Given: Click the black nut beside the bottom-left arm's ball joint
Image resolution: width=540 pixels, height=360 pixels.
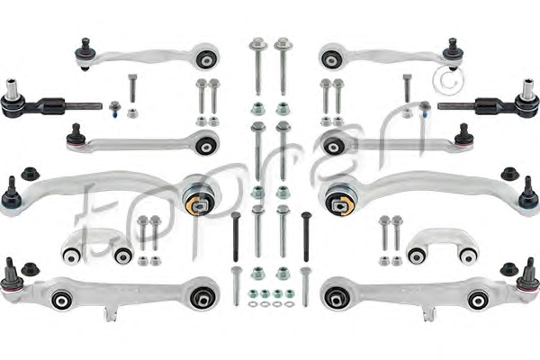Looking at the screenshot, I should (30, 267).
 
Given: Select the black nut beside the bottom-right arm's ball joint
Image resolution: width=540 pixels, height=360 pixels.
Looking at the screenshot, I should (506, 267).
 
